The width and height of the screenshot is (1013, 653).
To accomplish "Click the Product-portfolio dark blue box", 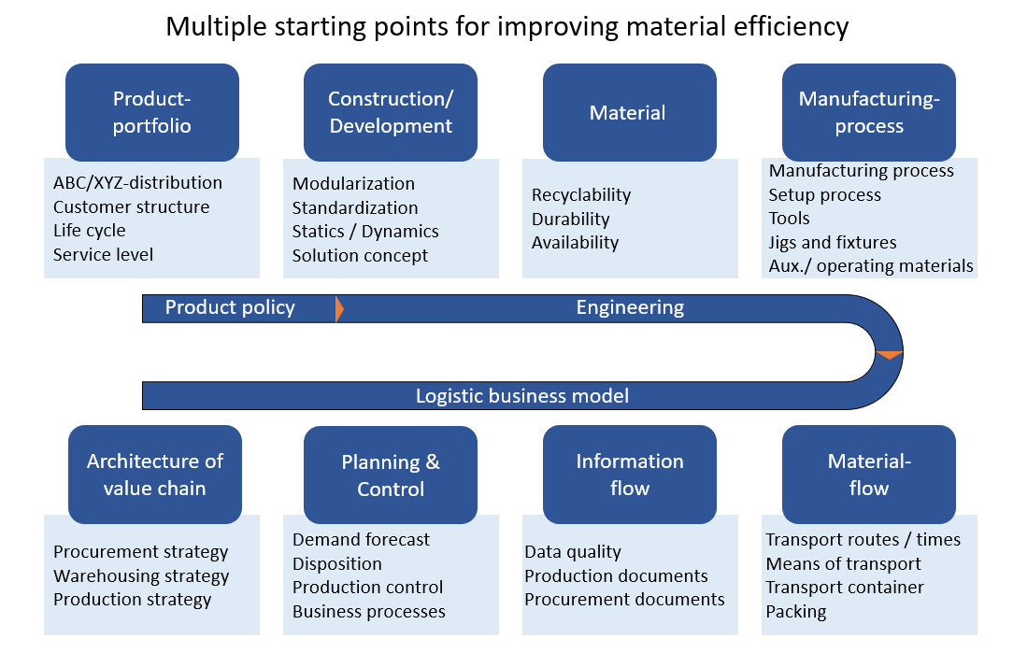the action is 151,112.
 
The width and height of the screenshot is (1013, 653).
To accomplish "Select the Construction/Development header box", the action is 391,112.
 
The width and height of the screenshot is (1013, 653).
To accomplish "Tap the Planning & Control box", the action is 391,475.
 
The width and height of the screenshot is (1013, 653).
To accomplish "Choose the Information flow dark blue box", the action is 629,475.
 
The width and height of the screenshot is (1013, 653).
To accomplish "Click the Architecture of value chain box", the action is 155,475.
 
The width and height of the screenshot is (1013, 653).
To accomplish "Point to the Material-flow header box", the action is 869,475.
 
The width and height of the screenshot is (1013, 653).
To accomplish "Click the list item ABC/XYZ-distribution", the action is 137,183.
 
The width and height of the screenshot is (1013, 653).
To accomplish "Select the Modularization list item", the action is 353,183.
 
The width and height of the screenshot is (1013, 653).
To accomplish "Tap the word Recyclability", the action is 581,195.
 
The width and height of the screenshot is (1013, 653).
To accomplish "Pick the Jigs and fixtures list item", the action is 833,243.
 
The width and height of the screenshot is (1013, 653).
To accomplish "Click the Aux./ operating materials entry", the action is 871,266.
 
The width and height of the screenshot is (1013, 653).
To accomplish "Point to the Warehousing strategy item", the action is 141,576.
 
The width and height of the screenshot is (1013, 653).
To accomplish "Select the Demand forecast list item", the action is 361,539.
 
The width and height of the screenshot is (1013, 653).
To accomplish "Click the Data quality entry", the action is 573,552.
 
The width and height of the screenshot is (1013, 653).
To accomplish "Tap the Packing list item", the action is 796,612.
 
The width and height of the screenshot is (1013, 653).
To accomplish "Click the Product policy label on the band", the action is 230,307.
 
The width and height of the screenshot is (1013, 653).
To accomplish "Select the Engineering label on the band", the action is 630,307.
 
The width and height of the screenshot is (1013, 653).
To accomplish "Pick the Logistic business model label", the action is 522,396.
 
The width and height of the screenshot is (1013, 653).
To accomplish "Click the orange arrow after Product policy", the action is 339,308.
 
